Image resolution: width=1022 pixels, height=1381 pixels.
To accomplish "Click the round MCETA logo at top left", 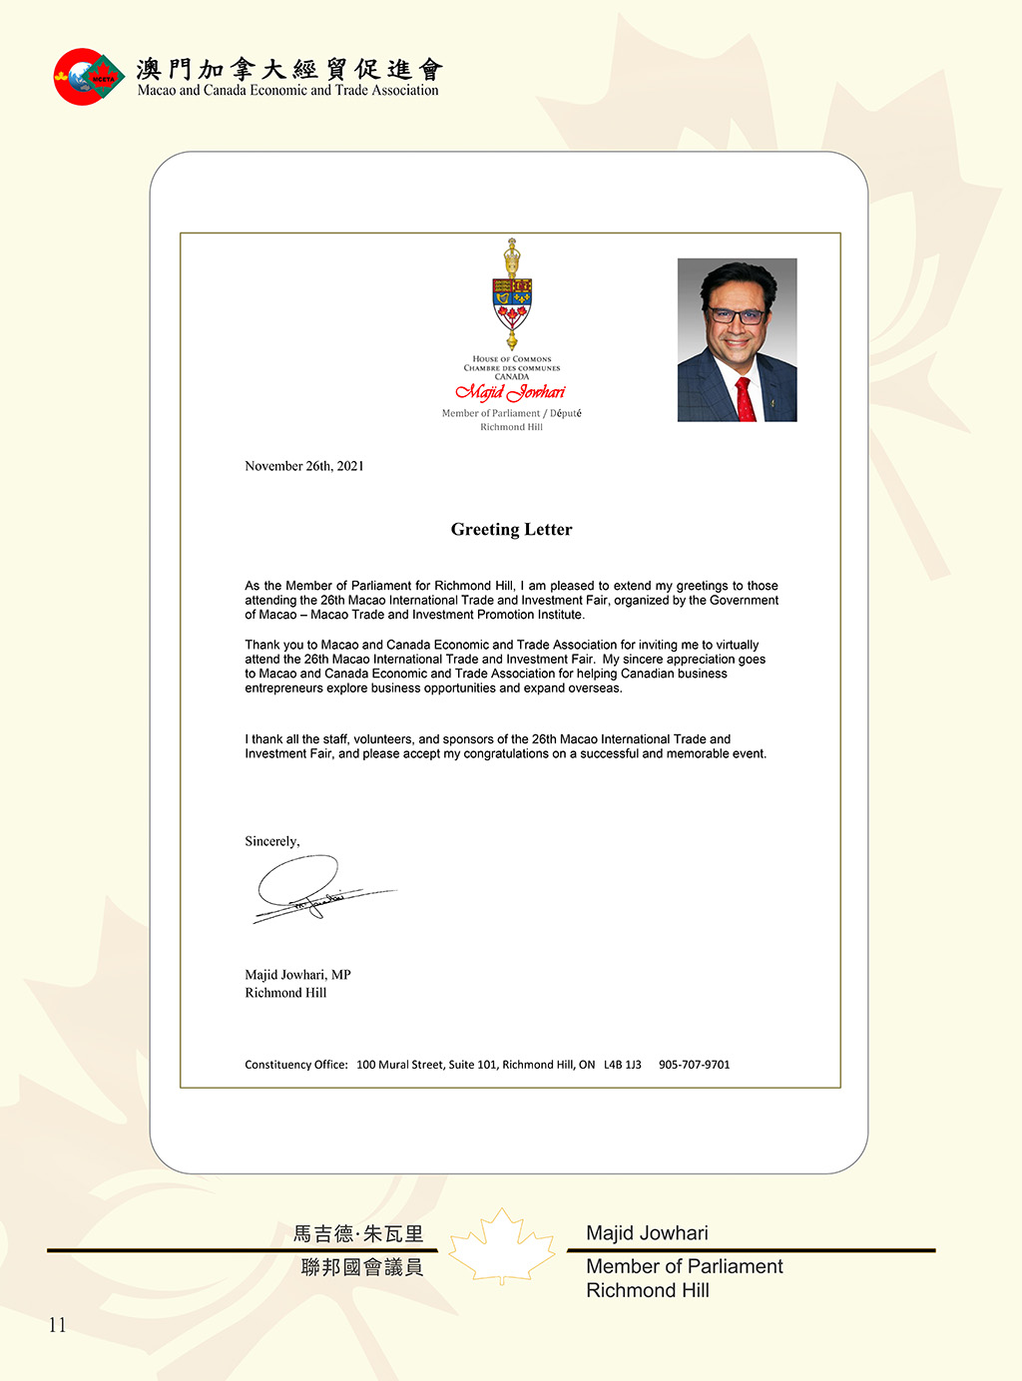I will [x=88, y=77].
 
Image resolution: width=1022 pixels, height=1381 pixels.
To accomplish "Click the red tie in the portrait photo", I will [x=745, y=399].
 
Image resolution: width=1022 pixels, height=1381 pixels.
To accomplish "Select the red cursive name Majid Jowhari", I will [x=511, y=392].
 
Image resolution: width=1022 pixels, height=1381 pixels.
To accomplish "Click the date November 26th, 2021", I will [x=304, y=466].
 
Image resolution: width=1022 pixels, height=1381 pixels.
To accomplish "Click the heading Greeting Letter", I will [x=511, y=530].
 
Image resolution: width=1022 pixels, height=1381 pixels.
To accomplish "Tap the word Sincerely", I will [x=271, y=841].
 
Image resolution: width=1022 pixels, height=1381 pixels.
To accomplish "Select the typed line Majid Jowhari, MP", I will [x=297, y=975].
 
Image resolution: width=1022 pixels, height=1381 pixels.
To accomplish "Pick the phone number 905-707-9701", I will [x=694, y=1065].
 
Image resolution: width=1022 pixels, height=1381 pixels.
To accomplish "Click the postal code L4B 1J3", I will [x=623, y=1065].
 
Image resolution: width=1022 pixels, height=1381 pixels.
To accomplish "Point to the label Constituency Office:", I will [x=296, y=1065].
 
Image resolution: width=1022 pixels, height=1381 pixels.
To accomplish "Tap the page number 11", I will [x=57, y=1325].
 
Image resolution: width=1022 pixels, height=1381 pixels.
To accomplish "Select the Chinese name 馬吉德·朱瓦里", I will [x=358, y=1234].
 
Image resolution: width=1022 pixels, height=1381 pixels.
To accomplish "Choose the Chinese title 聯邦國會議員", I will [x=362, y=1267].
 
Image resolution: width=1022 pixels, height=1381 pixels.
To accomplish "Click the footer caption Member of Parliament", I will [x=684, y=1266].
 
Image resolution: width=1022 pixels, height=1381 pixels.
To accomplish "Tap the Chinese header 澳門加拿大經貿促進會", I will [x=289, y=69].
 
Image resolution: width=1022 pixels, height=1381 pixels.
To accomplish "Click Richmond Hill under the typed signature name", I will [x=285, y=993].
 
